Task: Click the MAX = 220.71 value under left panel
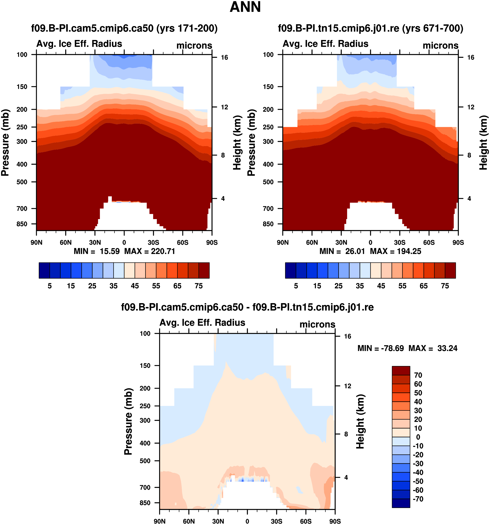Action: point(150,251)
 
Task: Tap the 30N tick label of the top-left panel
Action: point(95,243)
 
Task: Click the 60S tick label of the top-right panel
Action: point(429,243)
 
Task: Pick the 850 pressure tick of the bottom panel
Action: point(145,503)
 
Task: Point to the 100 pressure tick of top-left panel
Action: point(22,55)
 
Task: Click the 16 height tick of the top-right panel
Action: point(471,58)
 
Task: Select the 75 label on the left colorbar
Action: point(199,286)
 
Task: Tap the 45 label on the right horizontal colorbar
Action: point(381,286)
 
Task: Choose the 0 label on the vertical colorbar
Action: point(418,437)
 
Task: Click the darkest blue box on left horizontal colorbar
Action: point(44,270)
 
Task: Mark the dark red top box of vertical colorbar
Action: point(401,370)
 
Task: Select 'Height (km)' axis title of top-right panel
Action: point(483,143)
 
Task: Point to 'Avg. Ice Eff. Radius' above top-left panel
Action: point(79,44)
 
